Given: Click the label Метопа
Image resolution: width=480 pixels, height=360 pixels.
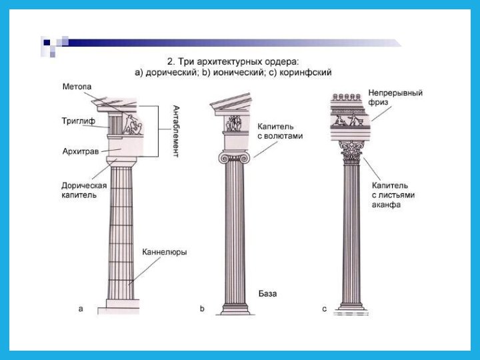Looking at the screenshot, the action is pyautogui.click(x=76, y=87).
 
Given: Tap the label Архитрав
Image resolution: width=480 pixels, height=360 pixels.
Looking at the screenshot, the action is pyautogui.click(x=79, y=151).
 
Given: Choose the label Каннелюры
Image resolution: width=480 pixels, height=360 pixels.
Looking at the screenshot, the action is pyautogui.click(x=164, y=252).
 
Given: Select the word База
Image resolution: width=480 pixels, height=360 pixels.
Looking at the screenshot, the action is pyautogui.click(x=267, y=293).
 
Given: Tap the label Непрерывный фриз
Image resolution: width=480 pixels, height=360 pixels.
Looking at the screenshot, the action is pyautogui.click(x=395, y=99).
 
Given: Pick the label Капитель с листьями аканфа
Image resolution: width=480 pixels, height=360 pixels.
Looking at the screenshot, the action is pyautogui.click(x=390, y=195).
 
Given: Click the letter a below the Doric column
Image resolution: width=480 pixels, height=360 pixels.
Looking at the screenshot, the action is pyautogui.click(x=81, y=309).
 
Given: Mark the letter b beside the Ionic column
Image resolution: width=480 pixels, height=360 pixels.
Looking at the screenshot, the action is pyautogui.click(x=202, y=309).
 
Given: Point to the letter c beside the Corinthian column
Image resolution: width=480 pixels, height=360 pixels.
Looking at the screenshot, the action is pyautogui.click(x=324, y=309).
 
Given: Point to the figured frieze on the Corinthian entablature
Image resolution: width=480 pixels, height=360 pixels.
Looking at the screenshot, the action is pyautogui.click(x=350, y=120).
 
